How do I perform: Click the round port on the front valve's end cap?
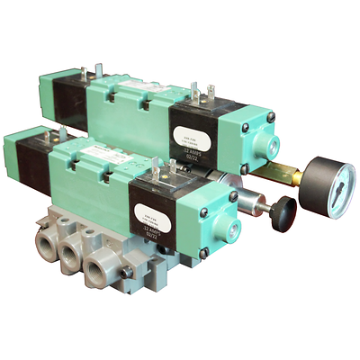click(x=229, y=195)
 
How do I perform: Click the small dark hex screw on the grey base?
click(x=129, y=269)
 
